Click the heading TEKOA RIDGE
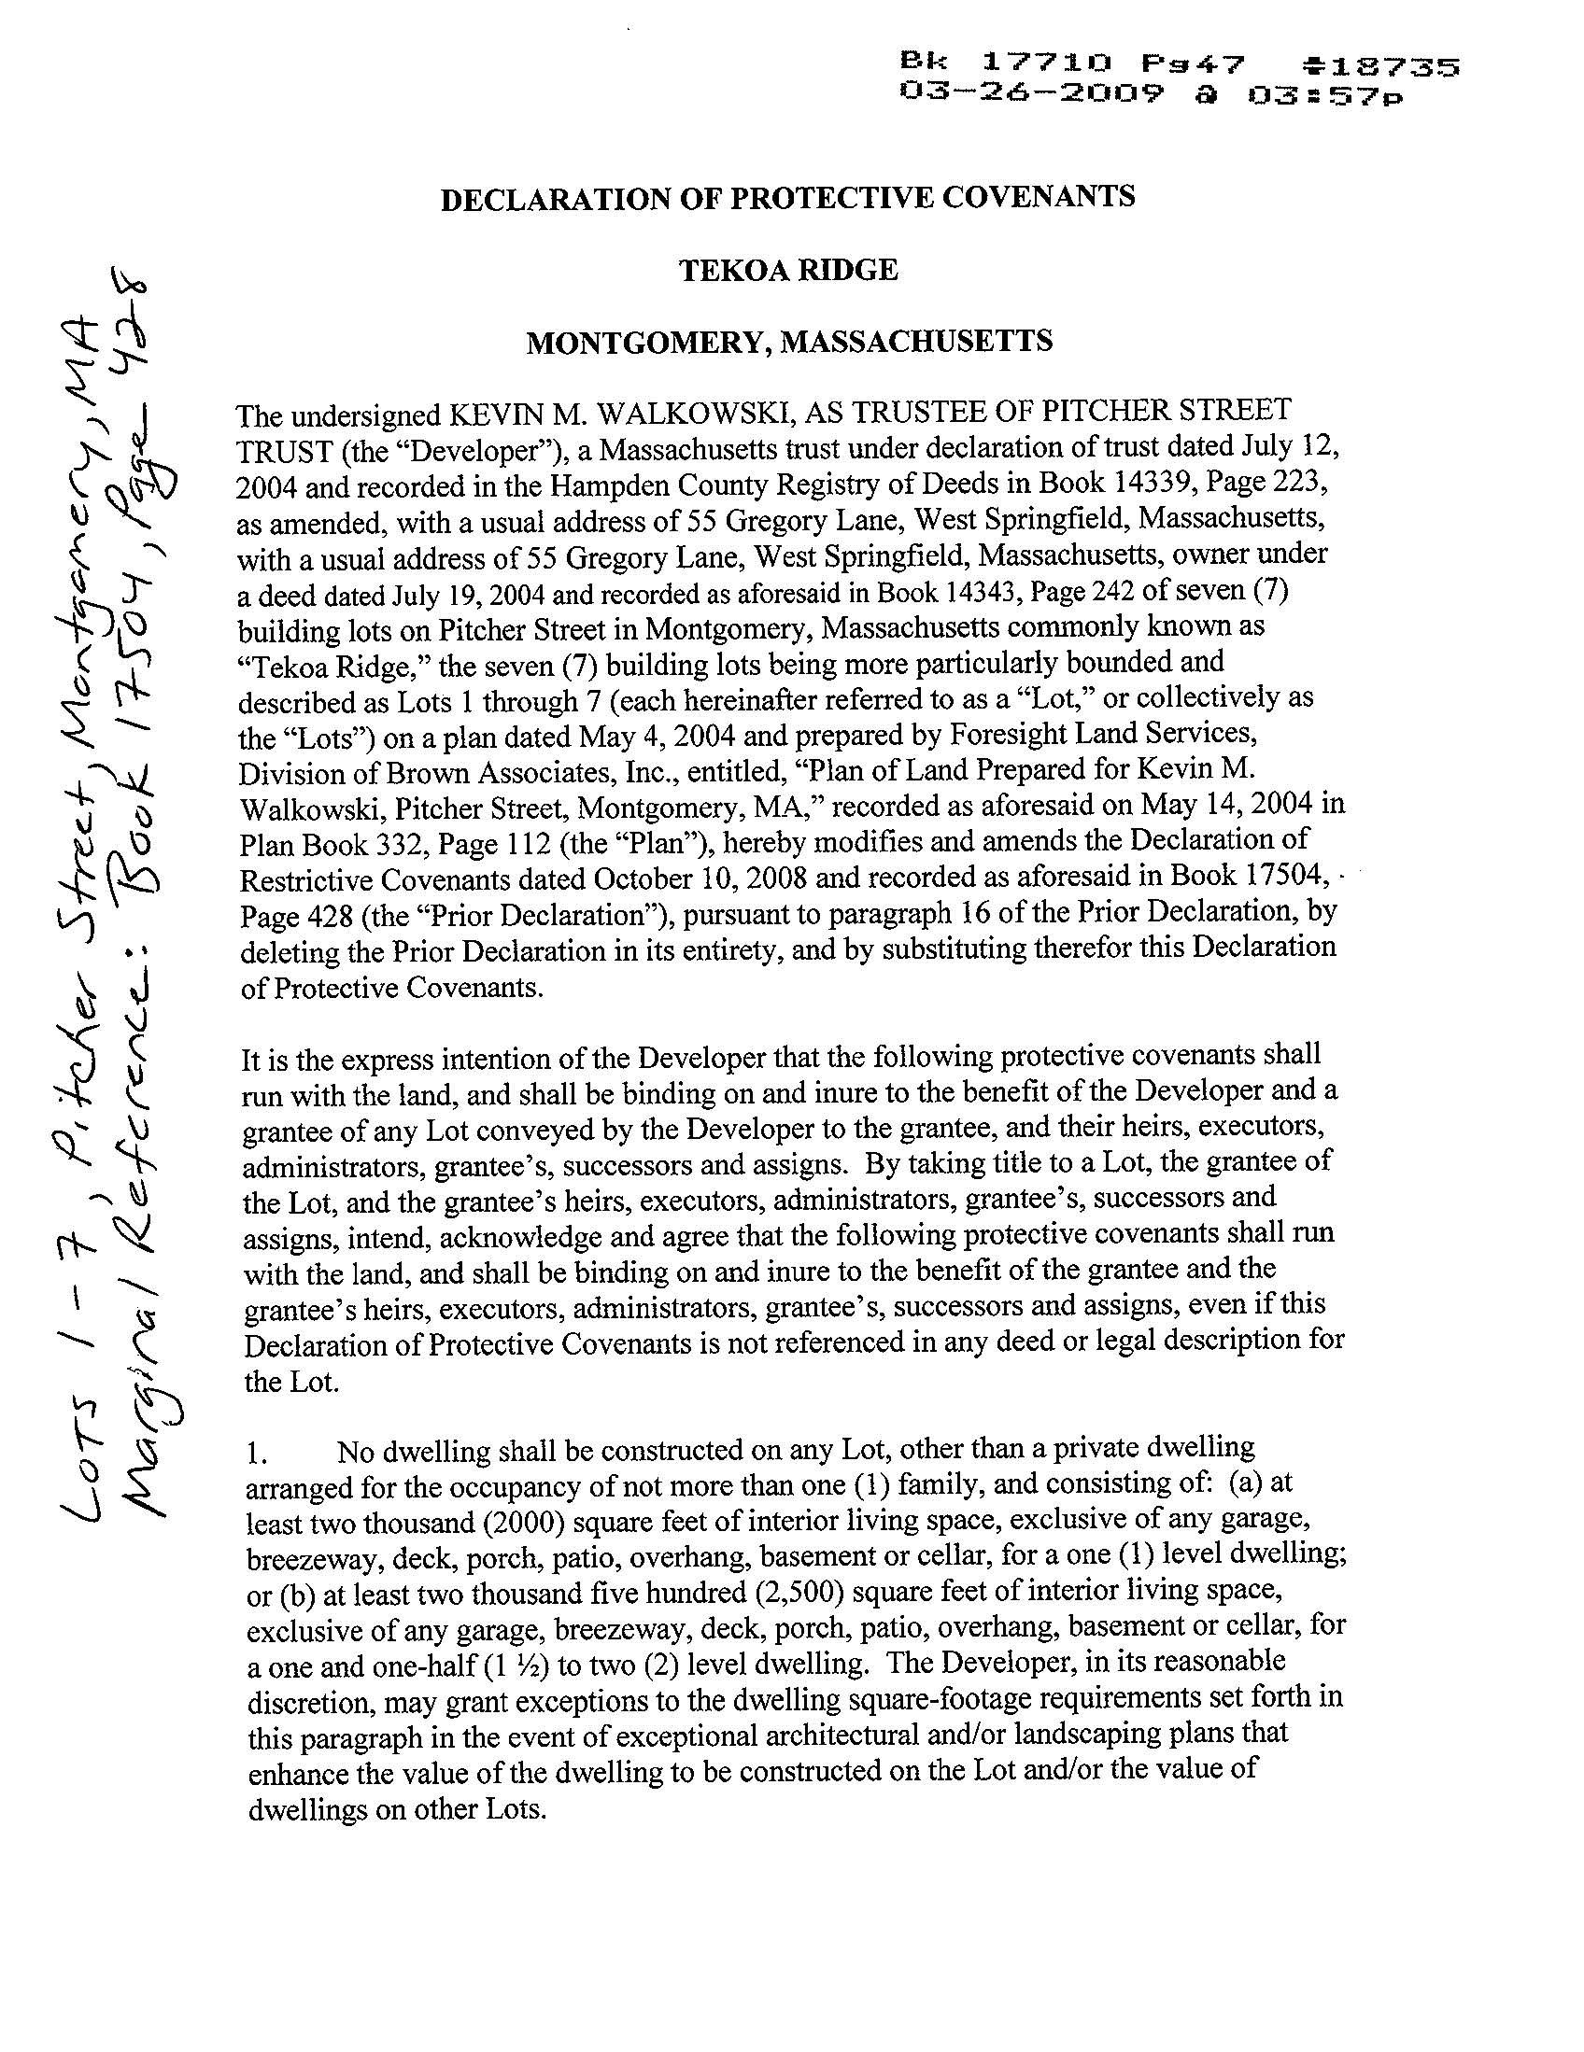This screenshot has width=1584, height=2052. (x=787, y=271)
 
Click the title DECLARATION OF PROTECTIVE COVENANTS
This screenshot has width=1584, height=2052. (x=787, y=198)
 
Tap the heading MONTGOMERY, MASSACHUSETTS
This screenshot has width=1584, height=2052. (x=787, y=341)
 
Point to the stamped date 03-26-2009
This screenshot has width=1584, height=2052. (x=1031, y=94)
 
